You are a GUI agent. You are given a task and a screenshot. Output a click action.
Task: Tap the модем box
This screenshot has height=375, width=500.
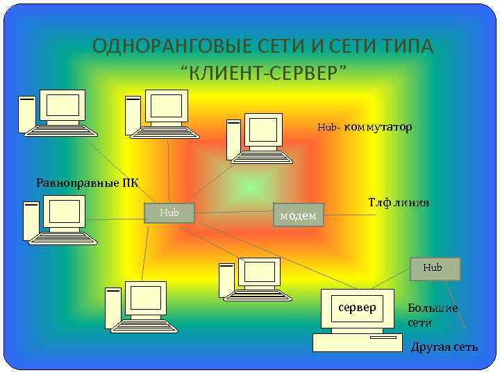point(299,215)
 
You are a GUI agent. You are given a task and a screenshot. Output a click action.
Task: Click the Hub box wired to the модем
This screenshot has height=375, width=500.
point(169,213)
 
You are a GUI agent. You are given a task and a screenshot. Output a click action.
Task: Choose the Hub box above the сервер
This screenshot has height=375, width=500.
point(435,267)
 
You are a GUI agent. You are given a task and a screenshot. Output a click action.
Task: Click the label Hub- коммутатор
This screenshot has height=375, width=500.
point(365,127)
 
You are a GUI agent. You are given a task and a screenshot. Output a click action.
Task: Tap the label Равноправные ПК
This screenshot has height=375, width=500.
point(87,183)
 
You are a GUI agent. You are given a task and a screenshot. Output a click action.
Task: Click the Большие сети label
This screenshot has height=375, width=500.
point(432,315)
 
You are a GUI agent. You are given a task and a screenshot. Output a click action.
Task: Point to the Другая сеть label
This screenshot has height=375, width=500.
point(444,347)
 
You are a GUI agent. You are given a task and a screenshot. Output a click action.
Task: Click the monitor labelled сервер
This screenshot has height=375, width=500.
point(357,308)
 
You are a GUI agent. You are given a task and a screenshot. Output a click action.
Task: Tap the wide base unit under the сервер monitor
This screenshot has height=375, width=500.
point(357,342)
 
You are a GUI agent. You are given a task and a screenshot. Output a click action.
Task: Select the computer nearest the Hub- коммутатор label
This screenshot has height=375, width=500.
point(256,137)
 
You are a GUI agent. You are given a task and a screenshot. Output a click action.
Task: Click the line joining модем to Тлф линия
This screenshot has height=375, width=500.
point(351,214)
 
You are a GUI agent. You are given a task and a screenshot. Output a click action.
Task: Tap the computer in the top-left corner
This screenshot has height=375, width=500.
point(54,112)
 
